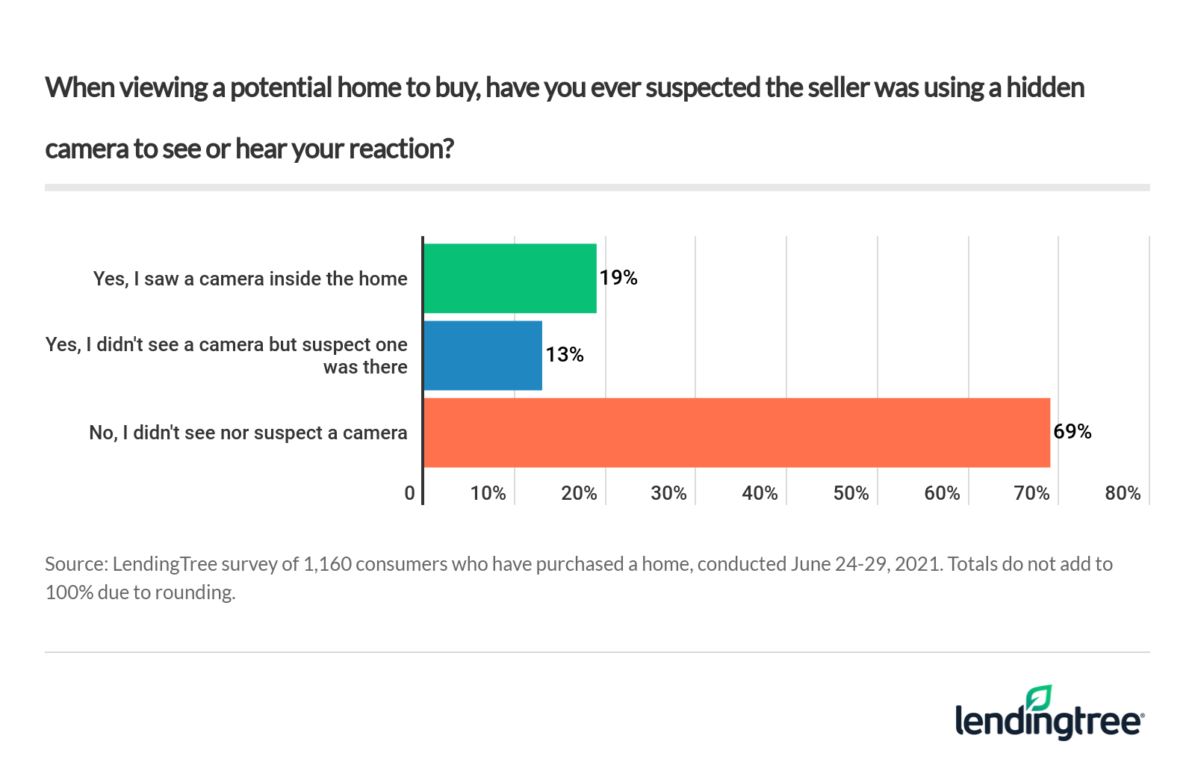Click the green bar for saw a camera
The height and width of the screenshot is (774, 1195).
point(510,278)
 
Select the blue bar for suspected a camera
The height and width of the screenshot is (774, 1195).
point(482,356)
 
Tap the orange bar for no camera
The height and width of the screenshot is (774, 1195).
point(736,433)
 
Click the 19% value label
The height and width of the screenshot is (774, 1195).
point(618,278)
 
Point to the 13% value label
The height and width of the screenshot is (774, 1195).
point(565,355)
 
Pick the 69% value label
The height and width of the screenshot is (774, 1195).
point(1073,432)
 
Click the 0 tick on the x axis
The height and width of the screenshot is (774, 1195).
point(409,494)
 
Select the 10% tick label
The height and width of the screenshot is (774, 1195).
point(488,494)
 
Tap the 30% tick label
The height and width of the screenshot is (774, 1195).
point(668,494)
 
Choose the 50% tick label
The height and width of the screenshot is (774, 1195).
point(851,494)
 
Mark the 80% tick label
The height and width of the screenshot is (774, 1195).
point(1123,494)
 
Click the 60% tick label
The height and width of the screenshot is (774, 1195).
point(942,494)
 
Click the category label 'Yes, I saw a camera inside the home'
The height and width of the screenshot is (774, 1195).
point(250,279)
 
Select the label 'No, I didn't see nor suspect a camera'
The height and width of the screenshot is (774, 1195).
point(248,433)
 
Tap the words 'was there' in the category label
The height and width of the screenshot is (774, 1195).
point(365,368)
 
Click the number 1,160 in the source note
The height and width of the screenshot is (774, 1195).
point(327,564)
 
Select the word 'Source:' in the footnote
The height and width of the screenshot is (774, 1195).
point(76,564)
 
